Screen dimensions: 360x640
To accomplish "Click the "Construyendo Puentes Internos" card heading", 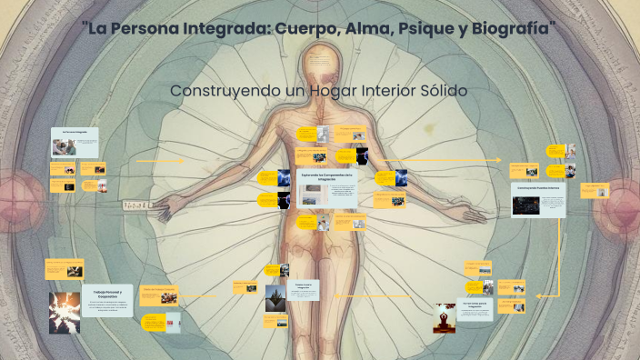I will [538, 188].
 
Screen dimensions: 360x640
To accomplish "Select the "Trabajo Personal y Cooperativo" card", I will [107, 295].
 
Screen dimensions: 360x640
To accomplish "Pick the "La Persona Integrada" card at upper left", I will [75, 133].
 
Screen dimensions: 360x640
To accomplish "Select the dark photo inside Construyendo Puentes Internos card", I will [524, 206].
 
